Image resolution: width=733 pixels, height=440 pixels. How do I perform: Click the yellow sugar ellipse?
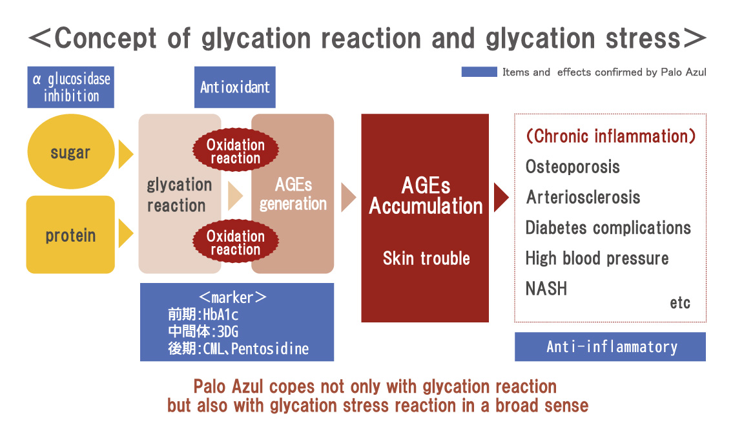(x=71, y=152)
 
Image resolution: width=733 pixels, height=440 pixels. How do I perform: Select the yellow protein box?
(x=70, y=235)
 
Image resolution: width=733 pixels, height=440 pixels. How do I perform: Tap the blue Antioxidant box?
(x=234, y=87)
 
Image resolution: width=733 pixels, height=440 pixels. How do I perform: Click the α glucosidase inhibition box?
(x=70, y=87)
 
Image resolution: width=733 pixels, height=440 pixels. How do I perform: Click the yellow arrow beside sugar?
(x=125, y=154)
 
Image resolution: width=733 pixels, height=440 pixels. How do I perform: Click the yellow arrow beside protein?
(x=125, y=233)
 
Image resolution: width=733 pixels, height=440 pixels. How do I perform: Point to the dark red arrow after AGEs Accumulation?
(x=501, y=197)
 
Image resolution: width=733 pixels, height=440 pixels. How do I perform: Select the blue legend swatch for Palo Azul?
(x=479, y=72)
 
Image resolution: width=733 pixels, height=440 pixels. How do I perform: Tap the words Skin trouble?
(x=426, y=258)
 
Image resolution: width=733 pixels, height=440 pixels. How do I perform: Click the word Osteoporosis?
(x=573, y=167)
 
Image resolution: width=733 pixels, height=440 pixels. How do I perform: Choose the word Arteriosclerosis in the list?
(x=583, y=197)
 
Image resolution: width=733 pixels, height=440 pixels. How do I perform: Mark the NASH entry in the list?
(x=546, y=289)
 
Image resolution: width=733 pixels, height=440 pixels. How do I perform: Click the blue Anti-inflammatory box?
(x=610, y=346)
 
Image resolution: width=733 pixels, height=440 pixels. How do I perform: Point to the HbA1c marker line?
(x=203, y=314)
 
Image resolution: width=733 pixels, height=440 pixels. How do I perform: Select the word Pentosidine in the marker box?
(x=270, y=349)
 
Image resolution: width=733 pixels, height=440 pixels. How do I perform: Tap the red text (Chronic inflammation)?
(x=611, y=136)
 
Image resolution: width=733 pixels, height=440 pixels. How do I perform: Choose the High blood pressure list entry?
(x=597, y=258)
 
